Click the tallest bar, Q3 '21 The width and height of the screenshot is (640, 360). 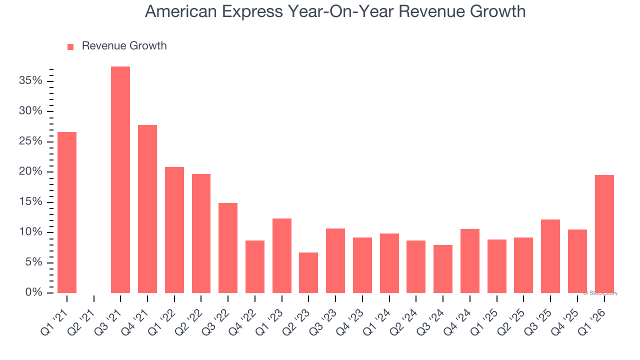click(120, 180)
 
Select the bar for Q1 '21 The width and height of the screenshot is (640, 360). click(67, 212)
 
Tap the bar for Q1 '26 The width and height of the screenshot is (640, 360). click(604, 234)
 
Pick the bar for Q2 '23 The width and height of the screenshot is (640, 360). click(308, 272)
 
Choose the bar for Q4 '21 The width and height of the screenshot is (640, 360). click(147, 209)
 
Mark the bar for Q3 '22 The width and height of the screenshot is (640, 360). click(228, 248)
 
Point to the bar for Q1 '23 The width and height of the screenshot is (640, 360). click(282, 255)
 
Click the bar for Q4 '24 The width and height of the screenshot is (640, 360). click(470, 261)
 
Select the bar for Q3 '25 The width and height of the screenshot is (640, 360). click(550, 256)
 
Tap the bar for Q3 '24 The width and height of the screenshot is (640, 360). click(443, 269)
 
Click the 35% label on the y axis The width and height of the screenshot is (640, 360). click(30, 81)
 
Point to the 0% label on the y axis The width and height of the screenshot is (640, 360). click(33, 292)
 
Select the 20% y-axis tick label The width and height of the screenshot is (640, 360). click(30, 171)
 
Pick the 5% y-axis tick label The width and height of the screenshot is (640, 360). click(33, 262)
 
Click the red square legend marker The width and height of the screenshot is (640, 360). click(70, 46)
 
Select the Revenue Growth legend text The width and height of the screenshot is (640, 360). click(124, 46)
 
